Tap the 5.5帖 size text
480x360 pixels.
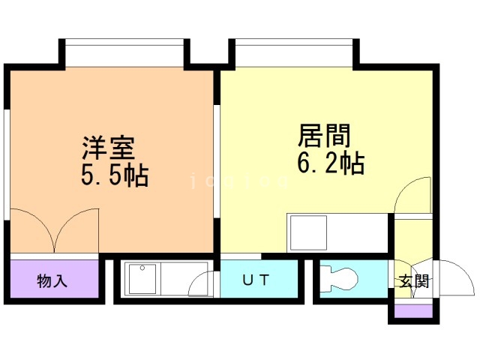(x=114, y=176)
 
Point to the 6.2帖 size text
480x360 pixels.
(x=330, y=162)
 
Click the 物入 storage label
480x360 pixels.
(x=52, y=281)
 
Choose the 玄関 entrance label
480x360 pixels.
(x=413, y=282)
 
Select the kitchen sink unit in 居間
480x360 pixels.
(x=307, y=232)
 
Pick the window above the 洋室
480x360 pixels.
(x=124, y=52)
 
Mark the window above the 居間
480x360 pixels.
(x=292, y=52)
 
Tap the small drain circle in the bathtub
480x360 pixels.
(x=142, y=268)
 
